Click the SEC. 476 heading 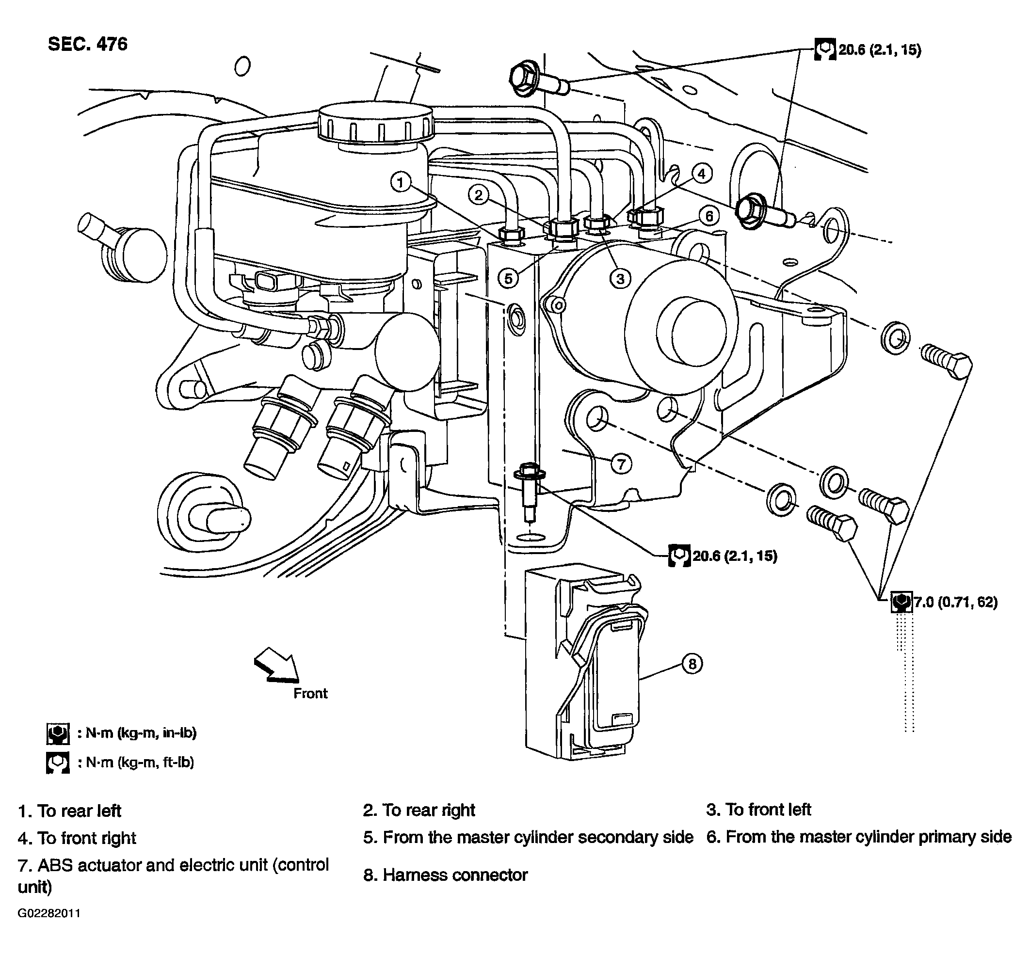coord(88,45)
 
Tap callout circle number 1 coord(401,182)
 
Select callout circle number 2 coord(479,195)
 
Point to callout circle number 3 coord(620,279)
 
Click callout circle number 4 coord(702,174)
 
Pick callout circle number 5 coord(509,279)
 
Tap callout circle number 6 coord(709,216)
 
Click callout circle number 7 coord(621,464)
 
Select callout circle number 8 coord(692,663)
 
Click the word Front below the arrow coord(310,693)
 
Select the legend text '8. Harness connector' coord(445,874)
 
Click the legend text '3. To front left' coord(758,810)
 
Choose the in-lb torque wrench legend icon coord(58,733)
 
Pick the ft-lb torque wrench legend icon coord(58,763)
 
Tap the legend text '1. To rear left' coord(70,811)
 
